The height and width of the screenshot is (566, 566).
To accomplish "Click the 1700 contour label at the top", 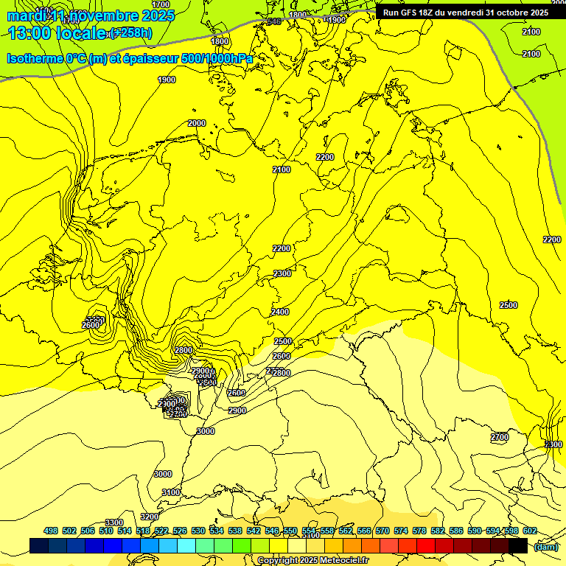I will pyautogui.click(x=161, y=4).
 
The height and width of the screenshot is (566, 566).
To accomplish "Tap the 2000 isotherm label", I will pyautogui.click(x=197, y=123).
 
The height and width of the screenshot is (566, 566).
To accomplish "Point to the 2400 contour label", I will pyautogui.click(x=280, y=312).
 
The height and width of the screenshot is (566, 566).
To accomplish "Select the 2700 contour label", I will pyautogui.click(x=500, y=437).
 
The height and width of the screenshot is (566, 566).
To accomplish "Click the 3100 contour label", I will pyautogui.click(x=171, y=492).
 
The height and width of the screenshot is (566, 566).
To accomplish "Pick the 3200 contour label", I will pyautogui.click(x=150, y=517).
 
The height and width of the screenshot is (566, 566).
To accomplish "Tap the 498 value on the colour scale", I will pyautogui.click(x=51, y=531).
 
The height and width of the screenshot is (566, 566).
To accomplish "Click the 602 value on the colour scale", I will pyautogui.click(x=530, y=531).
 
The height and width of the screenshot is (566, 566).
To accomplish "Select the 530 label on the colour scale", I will pyautogui.click(x=198, y=531).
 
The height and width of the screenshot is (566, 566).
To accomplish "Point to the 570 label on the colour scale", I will pyautogui.click(x=382, y=531).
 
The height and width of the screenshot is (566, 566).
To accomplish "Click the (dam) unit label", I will pyautogui.click(x=545, y=547).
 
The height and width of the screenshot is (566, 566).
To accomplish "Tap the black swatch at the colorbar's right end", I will pyautogui.click(x=518, y=546).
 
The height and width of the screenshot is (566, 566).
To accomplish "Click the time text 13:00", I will pyautogui.click(x=28, y=33).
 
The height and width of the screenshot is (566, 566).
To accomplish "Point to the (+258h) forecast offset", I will pyautogui.click(x=131, y=33).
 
